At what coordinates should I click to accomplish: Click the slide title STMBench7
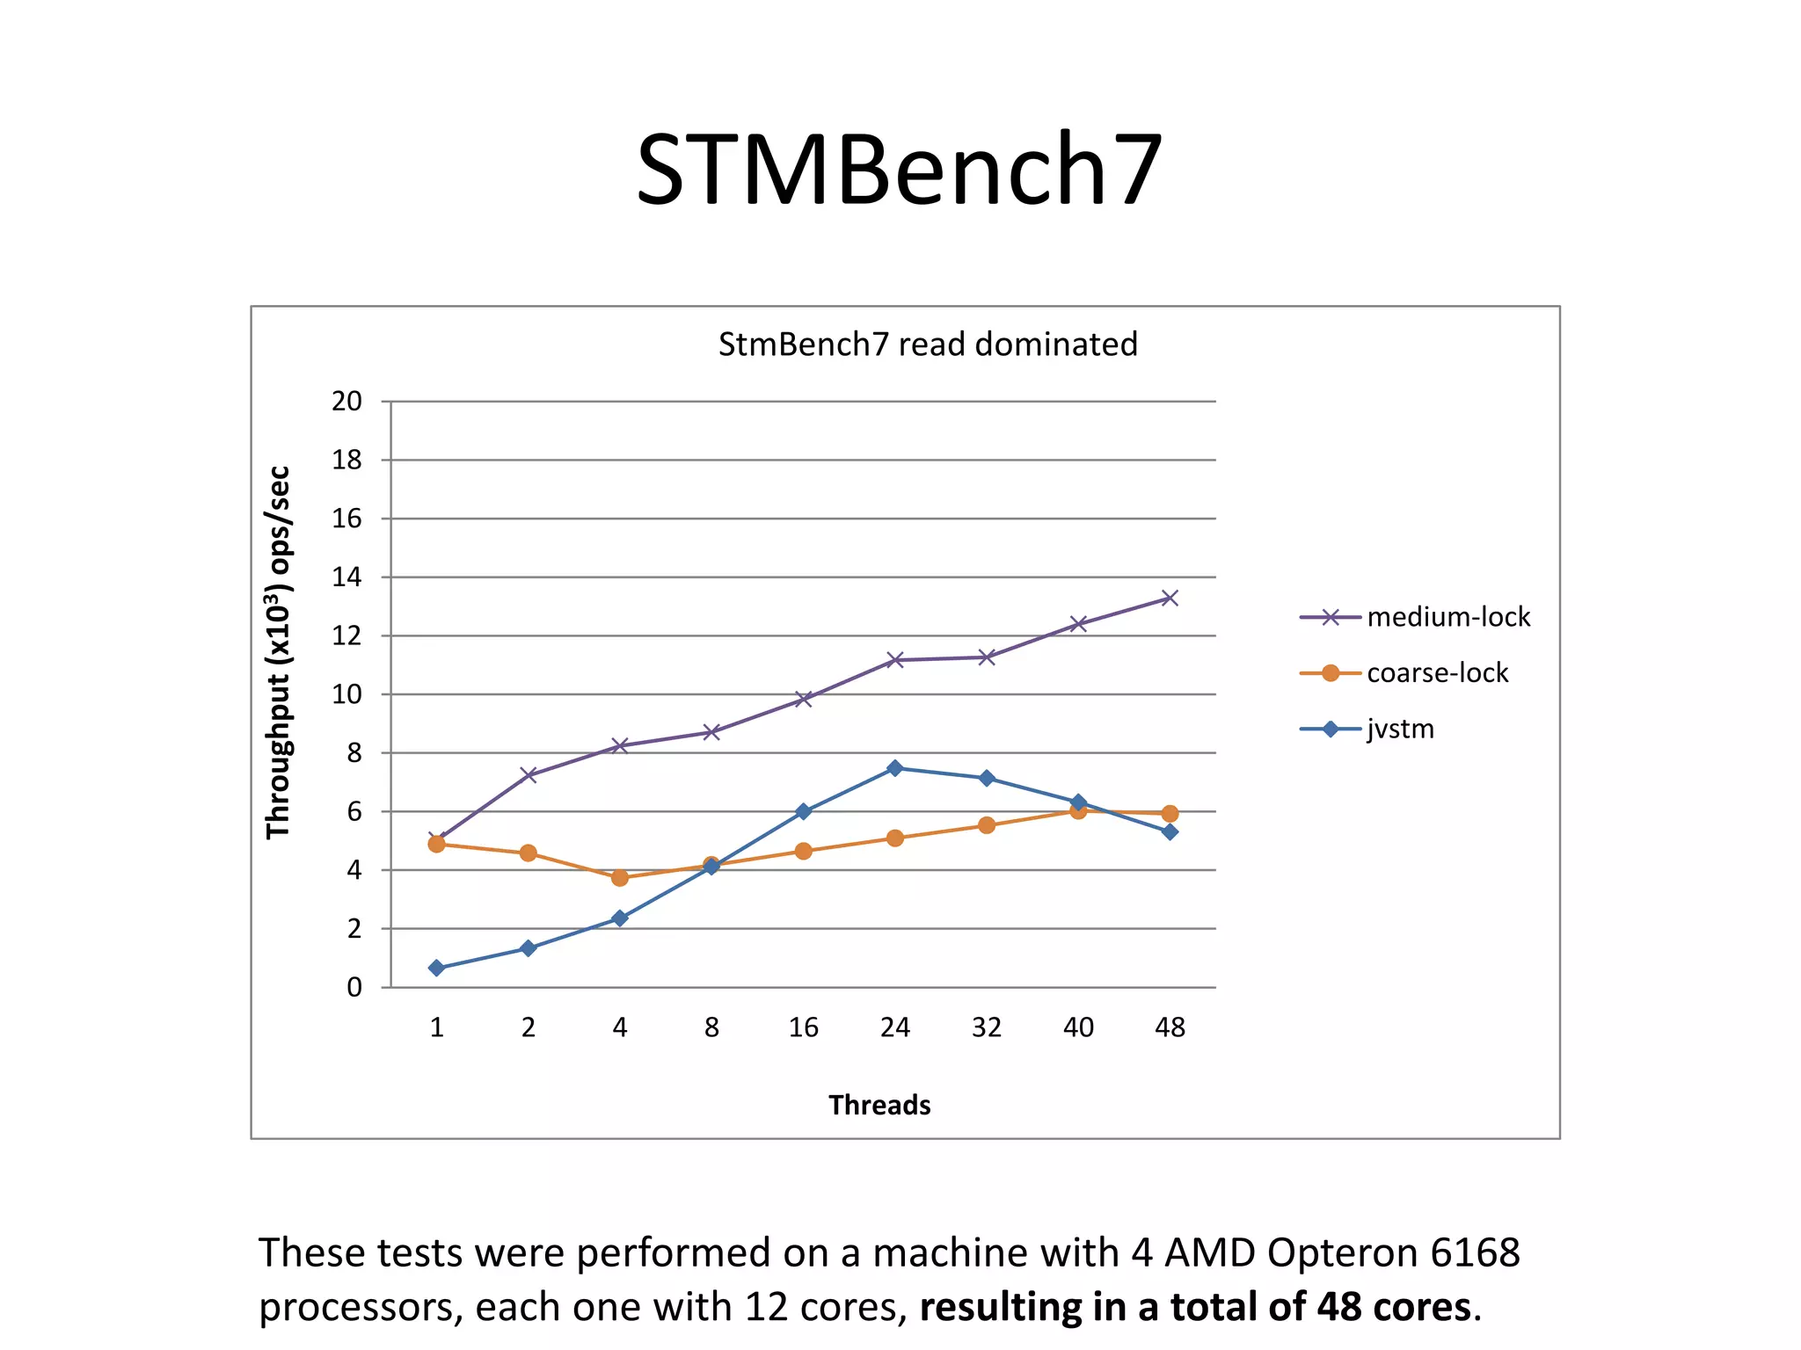pyautogui.click(x=900, y=169)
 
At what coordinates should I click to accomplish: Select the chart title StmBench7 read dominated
pyautogui.click(x=927, y=344)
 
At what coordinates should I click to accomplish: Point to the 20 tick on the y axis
pyautogui.click(x=346, y=402)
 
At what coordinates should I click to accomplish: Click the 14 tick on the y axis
pyautogui.click(x=346, y=577)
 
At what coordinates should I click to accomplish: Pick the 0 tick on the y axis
pyautogui.click(x=354, y=987)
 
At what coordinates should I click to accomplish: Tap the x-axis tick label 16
pyautogui.click(x=803, y=1027)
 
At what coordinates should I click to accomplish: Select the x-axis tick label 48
pyautogui.click(x=1170, y=1027)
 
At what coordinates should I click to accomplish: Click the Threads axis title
pyautogui.click(x=879, y=1105)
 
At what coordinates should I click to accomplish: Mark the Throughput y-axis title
pyautogui.click(x=278, y=652)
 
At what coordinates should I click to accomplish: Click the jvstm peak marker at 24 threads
pyautogui.click(x=894, y=768)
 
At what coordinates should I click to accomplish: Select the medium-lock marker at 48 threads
pyautogui.click(x=1170, y=599)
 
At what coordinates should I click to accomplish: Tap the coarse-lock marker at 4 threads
pyautogui.click(x=620, y=877)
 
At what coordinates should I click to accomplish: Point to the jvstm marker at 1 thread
pyautogui.click(x=436, y=968)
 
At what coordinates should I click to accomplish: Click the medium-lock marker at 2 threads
pyautogui.click(x=529, y=774)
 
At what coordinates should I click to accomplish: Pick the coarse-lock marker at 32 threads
pyautogui.click(x=987, y=824)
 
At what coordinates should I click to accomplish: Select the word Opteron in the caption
pyautogui.click(x=1342, y=1252)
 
